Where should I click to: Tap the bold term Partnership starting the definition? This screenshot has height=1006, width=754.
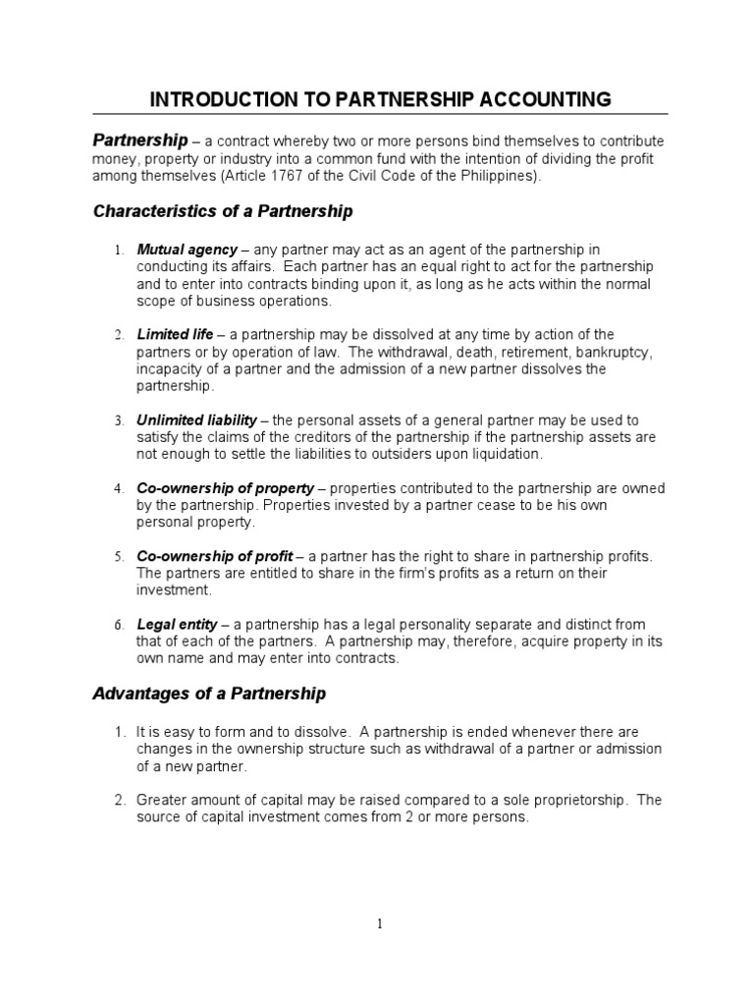(139, 140)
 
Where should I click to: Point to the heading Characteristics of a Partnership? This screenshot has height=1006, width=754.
(223, 211)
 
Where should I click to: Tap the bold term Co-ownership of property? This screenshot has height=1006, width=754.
(226, 487)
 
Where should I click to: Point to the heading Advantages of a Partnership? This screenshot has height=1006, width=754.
(209, 694)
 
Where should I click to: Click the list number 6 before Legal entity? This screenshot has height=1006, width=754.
(118, 625)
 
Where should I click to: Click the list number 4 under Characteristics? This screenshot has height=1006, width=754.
(118, 488)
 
